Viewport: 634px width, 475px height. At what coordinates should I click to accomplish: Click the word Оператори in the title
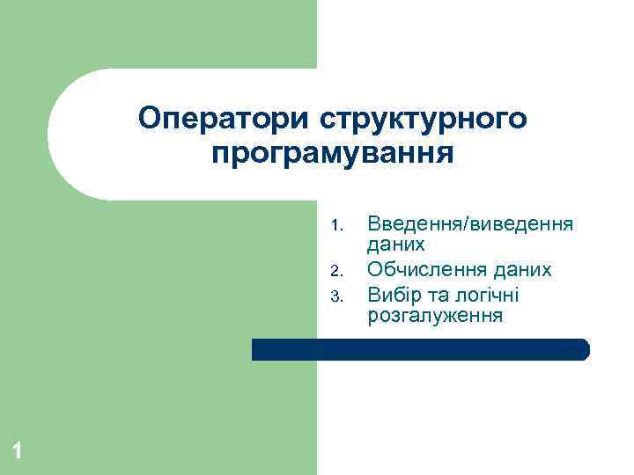point(224,118)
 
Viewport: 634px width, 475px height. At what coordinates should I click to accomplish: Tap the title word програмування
point(334,153)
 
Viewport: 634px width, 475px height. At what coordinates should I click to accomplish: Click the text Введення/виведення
point(470,224)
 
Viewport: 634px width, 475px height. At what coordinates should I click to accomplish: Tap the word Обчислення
point(427,270)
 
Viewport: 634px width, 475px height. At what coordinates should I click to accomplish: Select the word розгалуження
point(435,316)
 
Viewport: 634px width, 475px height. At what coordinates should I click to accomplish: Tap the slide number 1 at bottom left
point(17,452)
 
